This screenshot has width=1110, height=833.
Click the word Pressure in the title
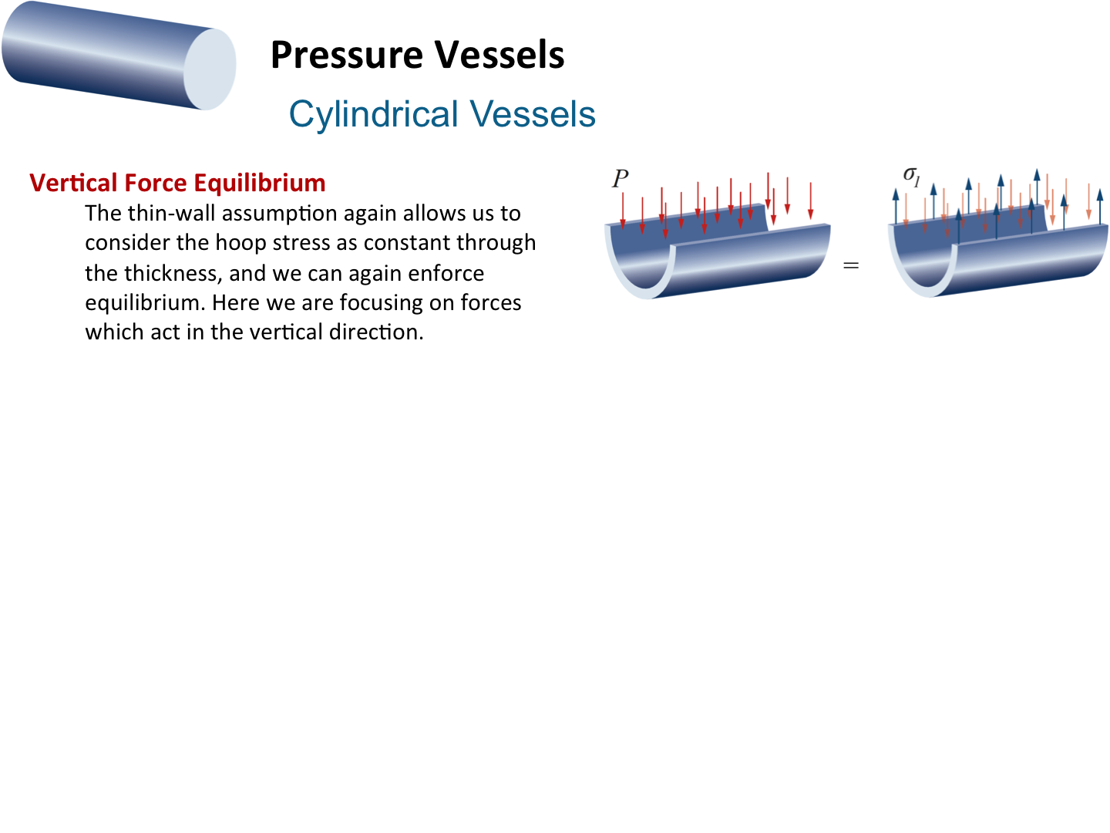click(x=347, y=56)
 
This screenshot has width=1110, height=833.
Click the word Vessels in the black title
click(x=499, y=55)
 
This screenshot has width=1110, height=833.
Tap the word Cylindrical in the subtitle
click(x=373, y=115)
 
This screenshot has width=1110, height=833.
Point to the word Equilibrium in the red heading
click(x=260, y=183)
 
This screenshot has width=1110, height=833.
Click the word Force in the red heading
click(x=156, y=183)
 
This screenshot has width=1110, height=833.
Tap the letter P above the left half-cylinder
click(x=620, y=178)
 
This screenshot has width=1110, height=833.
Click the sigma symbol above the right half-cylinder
click(x=912, y=176)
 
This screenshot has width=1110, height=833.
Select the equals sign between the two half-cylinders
click(x=851, y=265)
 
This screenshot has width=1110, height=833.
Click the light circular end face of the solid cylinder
click(x=210, y=69)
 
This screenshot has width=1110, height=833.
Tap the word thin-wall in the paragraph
click(x=172, y=214)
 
